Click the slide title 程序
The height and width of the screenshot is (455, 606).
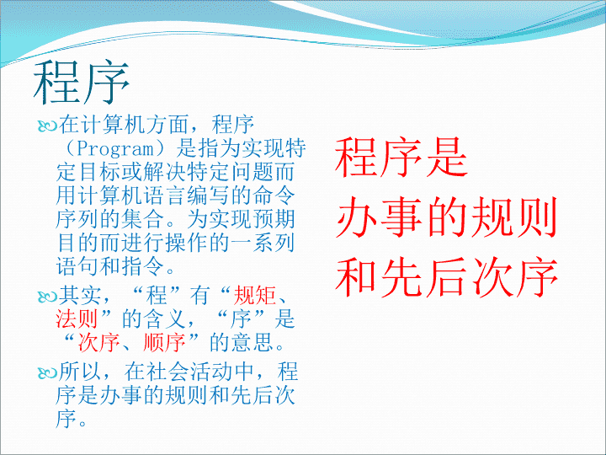(81, 83)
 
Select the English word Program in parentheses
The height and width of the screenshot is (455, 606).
(115, 149)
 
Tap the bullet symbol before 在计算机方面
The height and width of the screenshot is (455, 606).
(47, 126)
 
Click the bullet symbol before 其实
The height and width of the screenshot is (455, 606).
(47, 297)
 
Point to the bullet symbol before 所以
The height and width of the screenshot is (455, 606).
(47, 372)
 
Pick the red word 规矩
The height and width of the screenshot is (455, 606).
(255, 295)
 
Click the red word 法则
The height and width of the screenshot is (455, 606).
(77, 318)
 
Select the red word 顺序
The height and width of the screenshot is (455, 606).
(164, 342)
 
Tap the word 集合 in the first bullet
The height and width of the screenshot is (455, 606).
(142, 219)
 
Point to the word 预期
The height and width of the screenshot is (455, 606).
(274, 219)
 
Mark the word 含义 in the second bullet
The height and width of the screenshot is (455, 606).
(165, 318)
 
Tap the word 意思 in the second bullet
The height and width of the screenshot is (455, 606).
(252, 342)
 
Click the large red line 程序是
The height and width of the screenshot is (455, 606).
(401, 158)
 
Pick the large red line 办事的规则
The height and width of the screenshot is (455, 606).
(446, 217)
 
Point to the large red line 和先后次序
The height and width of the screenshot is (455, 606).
(446, 277)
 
